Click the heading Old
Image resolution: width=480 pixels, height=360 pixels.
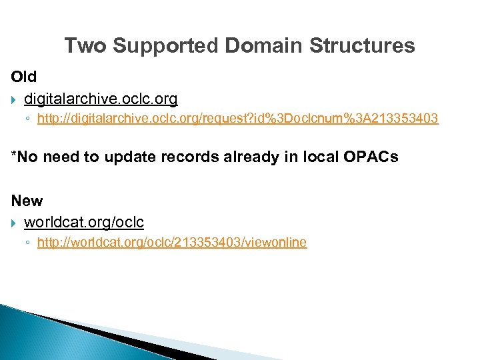tap(24, 77)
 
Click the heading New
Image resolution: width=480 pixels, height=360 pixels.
tap(27, 201)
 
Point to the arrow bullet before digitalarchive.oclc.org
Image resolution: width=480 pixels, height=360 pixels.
tap(14, 100)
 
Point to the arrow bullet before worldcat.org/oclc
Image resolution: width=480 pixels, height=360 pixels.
tap(14, 223)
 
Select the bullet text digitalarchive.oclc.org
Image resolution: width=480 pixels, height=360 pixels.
tap(101, 99)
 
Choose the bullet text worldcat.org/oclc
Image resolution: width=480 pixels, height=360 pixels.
tap(84, 222)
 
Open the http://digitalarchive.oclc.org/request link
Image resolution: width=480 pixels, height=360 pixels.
tap(237, 119)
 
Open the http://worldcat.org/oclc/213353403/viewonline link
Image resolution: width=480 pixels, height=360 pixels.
tap(172, 243)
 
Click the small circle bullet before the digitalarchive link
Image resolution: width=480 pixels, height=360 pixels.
tap(27, 120)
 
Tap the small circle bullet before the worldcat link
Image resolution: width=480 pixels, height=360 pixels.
tap(27, 243)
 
